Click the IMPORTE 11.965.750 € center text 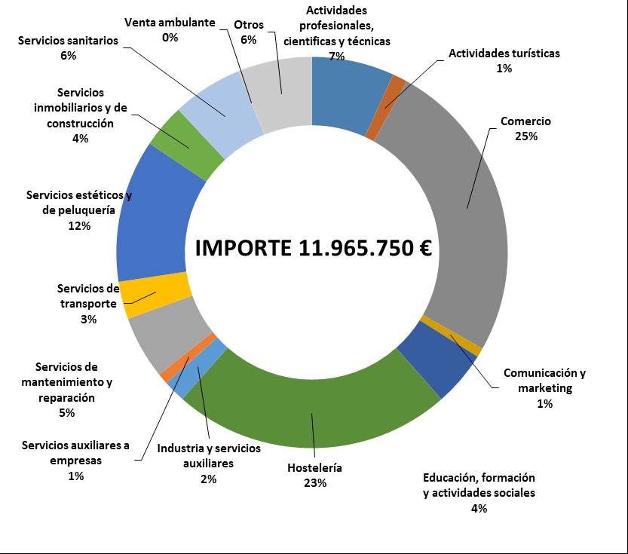click(313, 249)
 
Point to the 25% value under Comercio click(525, 136)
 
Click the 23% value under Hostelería click(314, 483)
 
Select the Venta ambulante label click(170, 22)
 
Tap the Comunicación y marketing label click(544, 381)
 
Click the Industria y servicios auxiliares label click(209, 456)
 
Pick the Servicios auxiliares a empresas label click(75, 452)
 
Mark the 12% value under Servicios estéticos click(78, 225)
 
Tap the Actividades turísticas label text click(504, 53)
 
